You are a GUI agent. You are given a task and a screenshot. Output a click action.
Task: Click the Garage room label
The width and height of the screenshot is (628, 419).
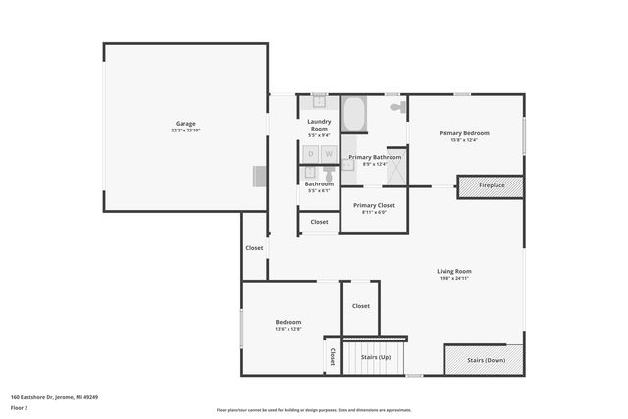[x=185, y=124]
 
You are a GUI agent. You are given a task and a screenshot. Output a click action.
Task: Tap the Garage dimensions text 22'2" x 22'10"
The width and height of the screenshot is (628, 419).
[x=185, y=131]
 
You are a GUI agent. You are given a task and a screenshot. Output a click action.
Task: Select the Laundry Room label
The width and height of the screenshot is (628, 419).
[x=319, y=125]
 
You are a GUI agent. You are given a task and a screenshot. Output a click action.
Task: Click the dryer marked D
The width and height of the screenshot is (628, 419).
[x=311, y=154]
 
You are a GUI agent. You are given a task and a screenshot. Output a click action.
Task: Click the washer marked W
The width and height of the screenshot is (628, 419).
[x=329, y=154]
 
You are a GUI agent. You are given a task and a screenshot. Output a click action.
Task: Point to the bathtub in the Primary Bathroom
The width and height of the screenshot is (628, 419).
[x=354, y=115]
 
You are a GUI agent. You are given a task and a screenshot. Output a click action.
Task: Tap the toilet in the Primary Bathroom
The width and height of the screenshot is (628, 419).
[x=396, y=106]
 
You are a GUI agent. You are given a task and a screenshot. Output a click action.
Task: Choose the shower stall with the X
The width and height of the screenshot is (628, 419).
[x=396, y=172]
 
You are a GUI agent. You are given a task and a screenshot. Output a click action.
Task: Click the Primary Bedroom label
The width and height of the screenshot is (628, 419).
[x=464, y=133]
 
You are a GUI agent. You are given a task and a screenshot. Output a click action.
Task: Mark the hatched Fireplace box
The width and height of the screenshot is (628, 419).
[x=491, y=185]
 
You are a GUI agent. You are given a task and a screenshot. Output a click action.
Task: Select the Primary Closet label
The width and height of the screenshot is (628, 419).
[x=374, y=205]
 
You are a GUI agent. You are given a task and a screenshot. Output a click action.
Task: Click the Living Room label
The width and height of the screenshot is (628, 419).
[x=454, y=271]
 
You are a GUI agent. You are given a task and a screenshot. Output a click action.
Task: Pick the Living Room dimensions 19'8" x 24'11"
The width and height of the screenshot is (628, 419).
[x=454, y=279]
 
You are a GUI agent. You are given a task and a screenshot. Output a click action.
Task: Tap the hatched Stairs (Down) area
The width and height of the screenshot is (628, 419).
[x=485, y=359]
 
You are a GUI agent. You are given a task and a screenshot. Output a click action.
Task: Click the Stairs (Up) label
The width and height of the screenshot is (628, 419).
[x=376, y=358]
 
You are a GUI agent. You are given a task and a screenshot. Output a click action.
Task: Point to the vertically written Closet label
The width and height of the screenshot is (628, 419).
[x=333, y=357]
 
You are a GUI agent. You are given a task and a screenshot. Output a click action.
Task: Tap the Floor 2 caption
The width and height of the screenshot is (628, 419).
[x=19, y=407]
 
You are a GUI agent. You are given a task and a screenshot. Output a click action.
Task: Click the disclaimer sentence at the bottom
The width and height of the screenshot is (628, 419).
[x=314, y=410]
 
